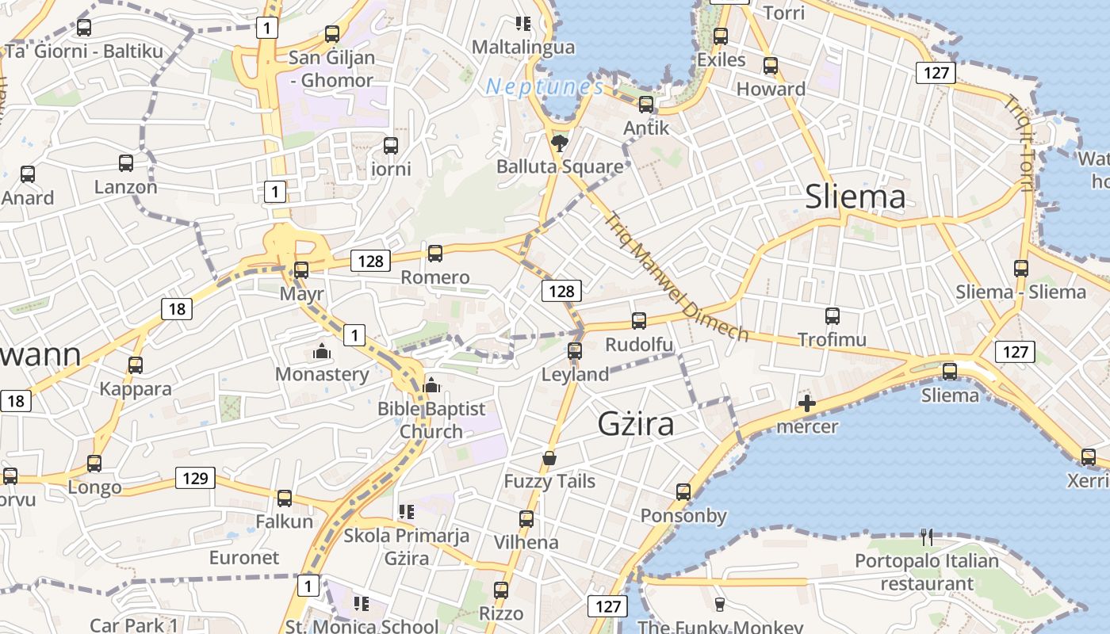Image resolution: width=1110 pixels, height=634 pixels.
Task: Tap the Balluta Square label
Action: pos(560,166)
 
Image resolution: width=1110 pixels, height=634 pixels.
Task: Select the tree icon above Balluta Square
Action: pos(559,143)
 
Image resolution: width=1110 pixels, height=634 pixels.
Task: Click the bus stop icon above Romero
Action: pos(434,254)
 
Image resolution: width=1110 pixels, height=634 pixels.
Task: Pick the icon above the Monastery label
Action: pos(322,350)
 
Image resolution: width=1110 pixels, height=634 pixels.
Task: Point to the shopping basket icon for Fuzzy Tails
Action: pos(549,458)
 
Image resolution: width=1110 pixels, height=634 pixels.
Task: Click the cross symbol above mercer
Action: pos(806,404)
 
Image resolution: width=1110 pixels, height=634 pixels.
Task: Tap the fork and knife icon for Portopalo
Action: pos(927,537)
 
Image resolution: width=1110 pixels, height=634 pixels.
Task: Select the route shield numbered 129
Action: pos(195,478)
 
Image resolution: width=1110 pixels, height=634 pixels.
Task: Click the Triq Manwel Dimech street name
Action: pos(676,277)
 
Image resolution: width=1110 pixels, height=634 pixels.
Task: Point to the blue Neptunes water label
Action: pos(545,86)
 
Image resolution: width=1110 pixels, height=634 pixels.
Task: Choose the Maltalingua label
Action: pos(523,47)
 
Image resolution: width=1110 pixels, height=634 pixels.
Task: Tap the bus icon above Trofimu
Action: pos(832,316)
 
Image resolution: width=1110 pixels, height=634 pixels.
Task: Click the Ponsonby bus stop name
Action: pos(683,516)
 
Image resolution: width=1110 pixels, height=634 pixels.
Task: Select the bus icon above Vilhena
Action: pos(526,519)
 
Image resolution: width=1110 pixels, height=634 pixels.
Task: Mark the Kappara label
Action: pos(136,389)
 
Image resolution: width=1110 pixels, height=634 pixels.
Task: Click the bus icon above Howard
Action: pos(770,66)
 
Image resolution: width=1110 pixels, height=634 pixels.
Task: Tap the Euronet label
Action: pos(244,557)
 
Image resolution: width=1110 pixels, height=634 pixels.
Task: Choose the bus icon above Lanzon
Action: pos(126,163)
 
